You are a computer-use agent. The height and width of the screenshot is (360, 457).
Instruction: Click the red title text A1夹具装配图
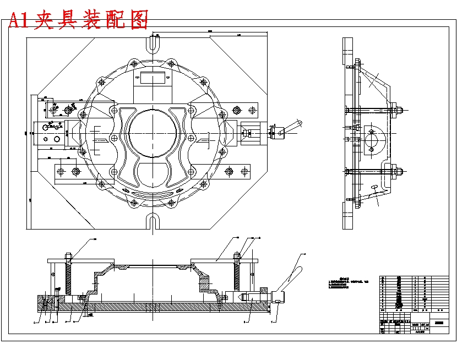(79, 20)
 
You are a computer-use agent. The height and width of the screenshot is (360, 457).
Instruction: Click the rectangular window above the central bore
(153, 78)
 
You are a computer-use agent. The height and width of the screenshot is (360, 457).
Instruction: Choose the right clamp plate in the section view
(224, 260)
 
